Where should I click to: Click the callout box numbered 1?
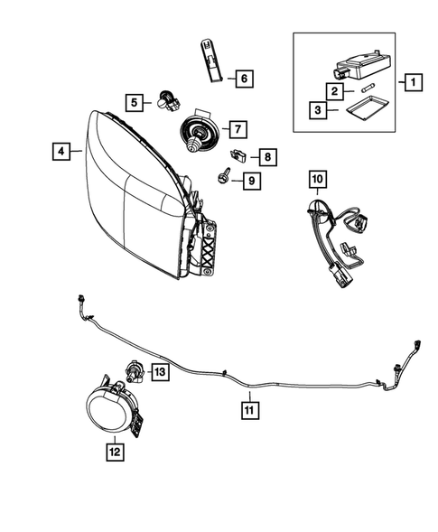[411, 85]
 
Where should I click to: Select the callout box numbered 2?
[333, 92]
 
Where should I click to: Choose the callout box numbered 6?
[242, 79]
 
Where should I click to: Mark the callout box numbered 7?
[237, 129]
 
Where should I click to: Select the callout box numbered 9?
[251, 182]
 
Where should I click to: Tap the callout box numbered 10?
[317, 181]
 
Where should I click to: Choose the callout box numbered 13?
[159, 371]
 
